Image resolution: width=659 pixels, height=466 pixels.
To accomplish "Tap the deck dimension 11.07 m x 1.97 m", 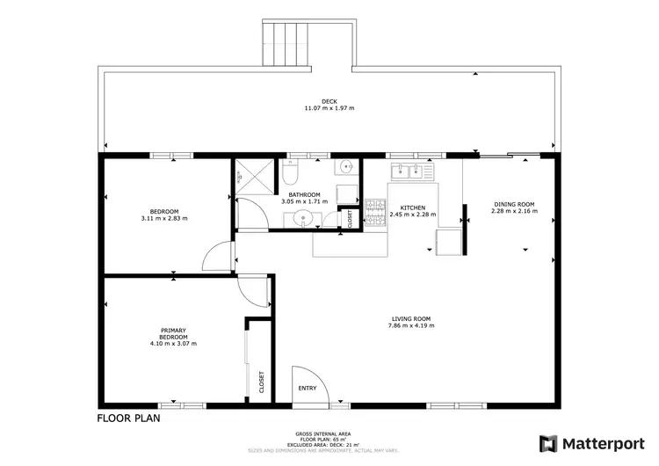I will coord(329,108).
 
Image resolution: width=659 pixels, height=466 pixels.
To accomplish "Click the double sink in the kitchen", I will coord(407,171).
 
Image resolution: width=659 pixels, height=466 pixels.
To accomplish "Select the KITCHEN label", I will coord(413,208).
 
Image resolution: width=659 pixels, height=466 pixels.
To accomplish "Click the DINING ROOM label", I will coord(512,204).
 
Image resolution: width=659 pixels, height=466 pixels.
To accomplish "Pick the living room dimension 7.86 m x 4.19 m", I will coord(410,326).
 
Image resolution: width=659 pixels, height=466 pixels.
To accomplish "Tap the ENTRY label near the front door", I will coord(307,388).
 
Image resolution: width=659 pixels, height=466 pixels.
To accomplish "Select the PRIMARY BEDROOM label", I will coord(173,333).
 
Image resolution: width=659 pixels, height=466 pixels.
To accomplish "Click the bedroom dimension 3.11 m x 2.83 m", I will coord(164,218).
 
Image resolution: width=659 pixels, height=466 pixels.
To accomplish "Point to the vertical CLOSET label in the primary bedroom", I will coord(261,381).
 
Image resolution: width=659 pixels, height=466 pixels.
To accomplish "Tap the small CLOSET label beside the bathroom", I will coord(350,217).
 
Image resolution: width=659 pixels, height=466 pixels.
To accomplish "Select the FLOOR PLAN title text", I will coord(128,419).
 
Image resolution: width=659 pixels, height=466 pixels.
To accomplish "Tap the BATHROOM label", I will coord(304,194).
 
